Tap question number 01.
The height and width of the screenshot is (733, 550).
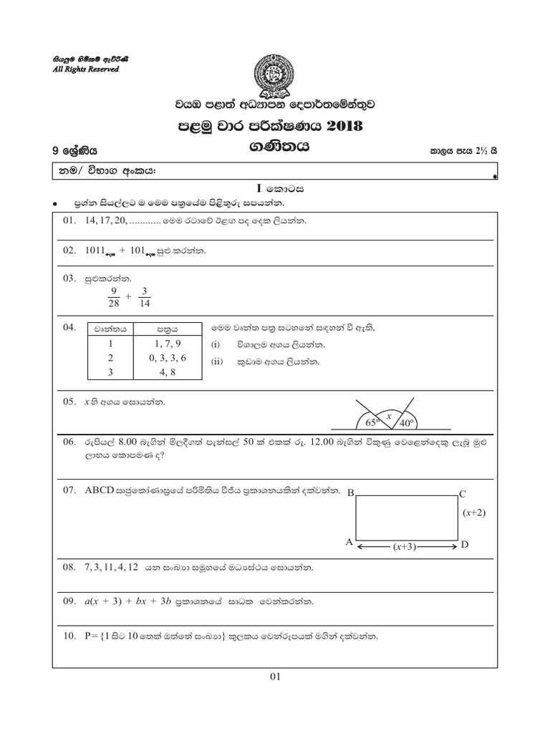[69, 221]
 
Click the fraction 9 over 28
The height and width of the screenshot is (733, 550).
[112, 297]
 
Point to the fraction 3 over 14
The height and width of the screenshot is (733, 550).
[145, 297]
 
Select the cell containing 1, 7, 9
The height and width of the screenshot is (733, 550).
[168, 344]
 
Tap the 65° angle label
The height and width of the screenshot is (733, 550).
[372, 423]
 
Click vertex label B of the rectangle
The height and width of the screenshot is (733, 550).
[350, 493]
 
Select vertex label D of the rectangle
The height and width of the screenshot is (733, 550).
[464, 545]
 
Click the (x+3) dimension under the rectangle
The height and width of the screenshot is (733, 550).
[406, 547]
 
